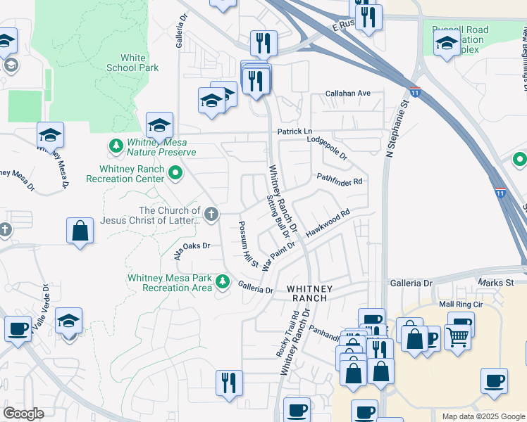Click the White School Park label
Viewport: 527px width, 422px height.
point(133,63)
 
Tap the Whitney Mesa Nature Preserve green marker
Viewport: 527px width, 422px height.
point(115,146)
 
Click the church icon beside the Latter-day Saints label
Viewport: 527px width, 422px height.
point(210,213)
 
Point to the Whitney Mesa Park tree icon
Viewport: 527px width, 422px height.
point(223,281)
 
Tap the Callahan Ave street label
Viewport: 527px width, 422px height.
point(347,93)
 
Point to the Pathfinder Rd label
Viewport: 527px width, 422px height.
point(339,180)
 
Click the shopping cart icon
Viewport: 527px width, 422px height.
point(458,338)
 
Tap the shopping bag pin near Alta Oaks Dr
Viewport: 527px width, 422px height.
point(80,231)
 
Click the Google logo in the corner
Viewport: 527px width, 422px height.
point(23,413)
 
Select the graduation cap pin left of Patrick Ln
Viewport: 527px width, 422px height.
point(160,125)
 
